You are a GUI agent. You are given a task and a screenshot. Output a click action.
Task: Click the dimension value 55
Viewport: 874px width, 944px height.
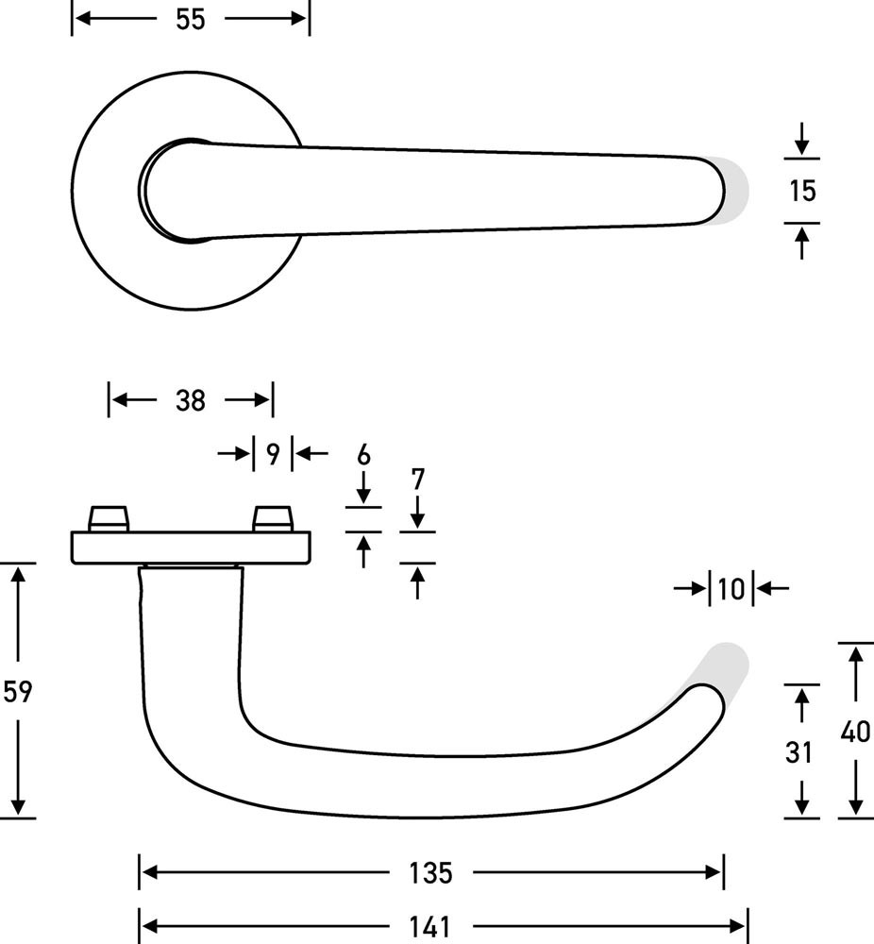[x=190, y=20]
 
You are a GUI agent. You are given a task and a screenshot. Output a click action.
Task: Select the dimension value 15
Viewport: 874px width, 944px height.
[x=801, y=191]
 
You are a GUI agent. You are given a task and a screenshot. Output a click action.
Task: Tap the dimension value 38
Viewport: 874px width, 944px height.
[x=190, y=400]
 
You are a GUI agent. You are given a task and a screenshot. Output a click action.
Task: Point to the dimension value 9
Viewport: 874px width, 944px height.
[x=272, y=455]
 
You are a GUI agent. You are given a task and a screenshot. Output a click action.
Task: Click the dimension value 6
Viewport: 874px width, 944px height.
[x=363, y=455]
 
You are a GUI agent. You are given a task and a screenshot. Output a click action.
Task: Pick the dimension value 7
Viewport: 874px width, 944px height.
[x=418, y=480]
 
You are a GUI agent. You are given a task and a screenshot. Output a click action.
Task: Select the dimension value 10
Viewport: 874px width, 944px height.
[x=731, y=589]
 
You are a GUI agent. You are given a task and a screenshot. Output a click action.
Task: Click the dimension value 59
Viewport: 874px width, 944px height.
[x=18, y=691]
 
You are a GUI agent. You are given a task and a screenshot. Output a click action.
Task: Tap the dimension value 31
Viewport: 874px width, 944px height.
[x=799, y=752]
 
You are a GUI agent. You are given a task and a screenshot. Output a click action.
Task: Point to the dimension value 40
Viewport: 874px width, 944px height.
[x=854, y=731]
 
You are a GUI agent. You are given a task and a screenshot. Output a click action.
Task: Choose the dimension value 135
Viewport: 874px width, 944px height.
[x=431, y=873]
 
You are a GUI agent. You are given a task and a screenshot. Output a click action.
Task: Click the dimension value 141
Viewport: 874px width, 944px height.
[x=431, y=927]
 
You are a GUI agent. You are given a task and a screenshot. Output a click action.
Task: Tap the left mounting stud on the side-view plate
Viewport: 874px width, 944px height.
[x=108, y=518]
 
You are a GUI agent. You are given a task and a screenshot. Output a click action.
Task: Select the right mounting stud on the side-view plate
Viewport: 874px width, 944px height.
[x=273, y=518]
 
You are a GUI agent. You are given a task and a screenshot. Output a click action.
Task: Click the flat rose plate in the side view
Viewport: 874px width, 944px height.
[x=190, y=547]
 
